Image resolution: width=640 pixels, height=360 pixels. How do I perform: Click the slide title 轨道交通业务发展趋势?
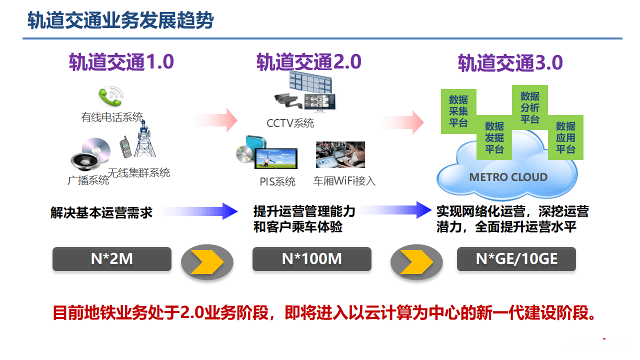coord(120,21)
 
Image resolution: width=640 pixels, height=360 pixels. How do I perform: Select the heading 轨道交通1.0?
coord(121,62)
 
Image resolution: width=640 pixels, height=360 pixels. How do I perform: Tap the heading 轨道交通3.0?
coord(510,63)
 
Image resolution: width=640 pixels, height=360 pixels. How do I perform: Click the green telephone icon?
coord(110,96)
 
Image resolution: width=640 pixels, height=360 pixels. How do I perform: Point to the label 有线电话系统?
coord(112,117)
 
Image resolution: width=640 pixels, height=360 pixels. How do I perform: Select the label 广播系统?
coord(88,180)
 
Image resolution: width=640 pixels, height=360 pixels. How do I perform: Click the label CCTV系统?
coord(290,123)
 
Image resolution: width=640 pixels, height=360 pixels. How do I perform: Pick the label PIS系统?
coord(277,181)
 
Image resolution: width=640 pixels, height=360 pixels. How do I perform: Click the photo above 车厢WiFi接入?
coord(340,154)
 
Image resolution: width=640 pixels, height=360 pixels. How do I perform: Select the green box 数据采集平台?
coord(458,111)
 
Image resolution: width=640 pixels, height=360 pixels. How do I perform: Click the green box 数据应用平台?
coord(565,137)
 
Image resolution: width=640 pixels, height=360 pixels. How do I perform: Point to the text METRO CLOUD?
coord(508,177)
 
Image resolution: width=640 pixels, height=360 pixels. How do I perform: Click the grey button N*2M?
coord(112,259)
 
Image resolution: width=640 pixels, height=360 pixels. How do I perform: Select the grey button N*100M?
coord(311,259)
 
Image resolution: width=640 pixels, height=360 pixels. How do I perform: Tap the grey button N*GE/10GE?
coord(516,259)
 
